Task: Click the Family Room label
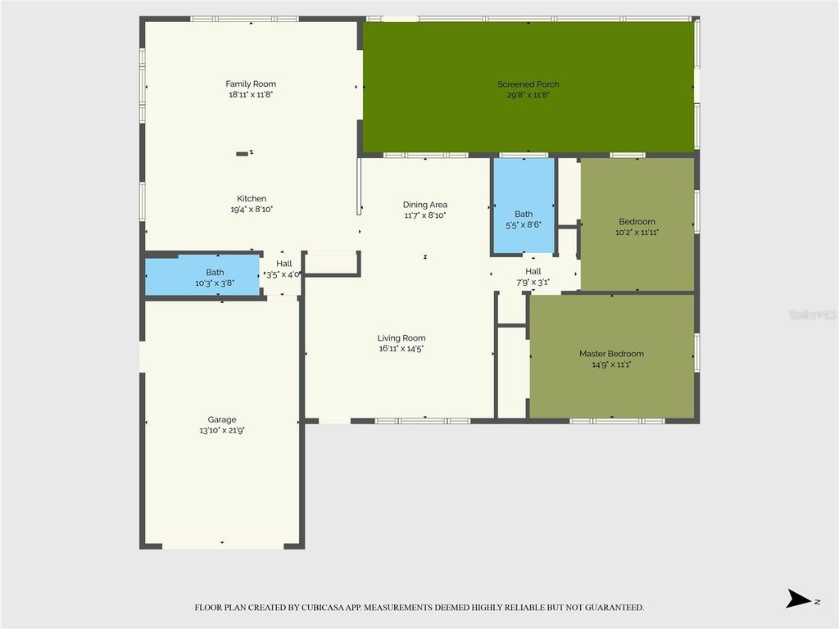[x=251, y=84]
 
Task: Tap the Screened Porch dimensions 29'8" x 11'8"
[x=528, y=95]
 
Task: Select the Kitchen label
[x=252, y=198]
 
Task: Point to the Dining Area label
[x=425, y=205]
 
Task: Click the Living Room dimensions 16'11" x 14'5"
[x=401, y=349]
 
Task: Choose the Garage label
[x=221, y=419]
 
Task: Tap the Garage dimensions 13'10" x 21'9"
[x=221, y=430]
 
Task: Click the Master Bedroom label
[x=611, y=354]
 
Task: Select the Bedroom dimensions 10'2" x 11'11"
[x=637, y=233]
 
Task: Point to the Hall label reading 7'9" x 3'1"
[x=533, y=271]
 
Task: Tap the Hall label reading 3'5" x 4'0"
[x=283, y=264]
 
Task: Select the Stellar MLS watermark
[x=812, y=314]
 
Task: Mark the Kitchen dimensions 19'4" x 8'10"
[x=252, y=210]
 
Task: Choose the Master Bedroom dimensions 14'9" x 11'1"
[x=611, y=364]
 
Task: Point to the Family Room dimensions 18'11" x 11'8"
[x=251, y=95]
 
